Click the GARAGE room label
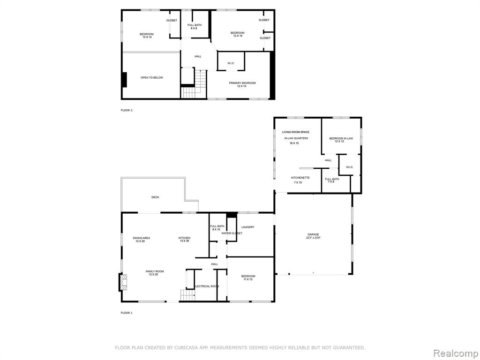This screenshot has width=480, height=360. click(x=313, y=234)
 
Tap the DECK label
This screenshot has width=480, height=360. click(x=155, y=197)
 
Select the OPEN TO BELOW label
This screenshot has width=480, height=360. click(x=152, y=78)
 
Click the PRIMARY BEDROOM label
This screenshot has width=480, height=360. click(x=242, y=83)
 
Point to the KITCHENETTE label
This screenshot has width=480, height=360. click(x=300, y=178)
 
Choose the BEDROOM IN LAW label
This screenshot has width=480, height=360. click(x=341, y=138)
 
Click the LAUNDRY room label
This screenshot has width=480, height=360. click(x=247, y=227)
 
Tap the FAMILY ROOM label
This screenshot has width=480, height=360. click(x=155, y=271)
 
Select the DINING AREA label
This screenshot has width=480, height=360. click(x=142, y=238)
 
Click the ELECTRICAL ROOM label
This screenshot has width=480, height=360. click(x=207, y=286)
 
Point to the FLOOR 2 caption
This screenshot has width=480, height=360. click(x=127, y=110)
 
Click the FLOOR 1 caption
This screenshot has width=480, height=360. click(x=127, y=313)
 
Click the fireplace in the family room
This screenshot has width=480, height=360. click(x=123, y=282)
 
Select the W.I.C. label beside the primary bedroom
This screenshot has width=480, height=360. click(x=231, y=63)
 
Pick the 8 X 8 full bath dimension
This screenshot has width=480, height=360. click(x=194, y=28)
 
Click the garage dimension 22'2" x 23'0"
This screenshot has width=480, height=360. click(x=313, y=238)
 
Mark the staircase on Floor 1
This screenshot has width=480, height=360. click(x=187, y=295)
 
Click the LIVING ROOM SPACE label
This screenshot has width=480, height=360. click(x=296, y=132)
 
